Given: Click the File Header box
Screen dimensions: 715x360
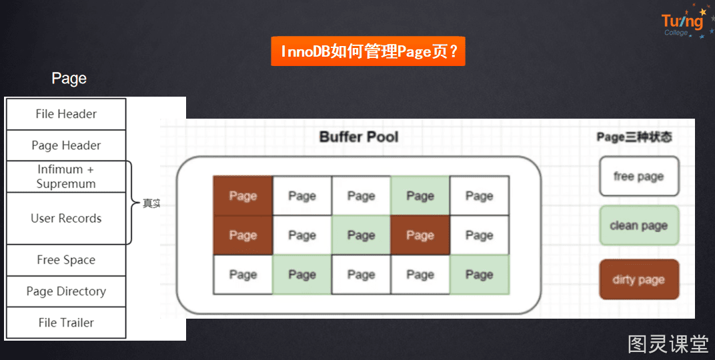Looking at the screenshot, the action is point(66,114).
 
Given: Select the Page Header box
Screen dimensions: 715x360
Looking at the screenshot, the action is point(66,145).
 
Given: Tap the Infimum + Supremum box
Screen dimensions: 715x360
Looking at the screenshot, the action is point(66,177).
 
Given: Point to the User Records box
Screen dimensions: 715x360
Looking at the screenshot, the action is point(66,218).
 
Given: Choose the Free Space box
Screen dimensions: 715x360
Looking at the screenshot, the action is point(66,260).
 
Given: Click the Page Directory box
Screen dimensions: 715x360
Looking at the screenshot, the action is point(66,291).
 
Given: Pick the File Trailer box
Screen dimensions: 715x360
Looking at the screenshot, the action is point(66,323).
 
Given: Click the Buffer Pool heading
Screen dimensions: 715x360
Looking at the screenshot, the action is point(359,137).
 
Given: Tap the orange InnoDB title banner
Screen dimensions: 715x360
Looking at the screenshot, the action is point(368,51).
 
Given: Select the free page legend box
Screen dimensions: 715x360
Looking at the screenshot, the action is point(639,177).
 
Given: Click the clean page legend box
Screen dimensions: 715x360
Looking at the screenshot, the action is point(639,225).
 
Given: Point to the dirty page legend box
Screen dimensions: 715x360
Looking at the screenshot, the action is point(639,279).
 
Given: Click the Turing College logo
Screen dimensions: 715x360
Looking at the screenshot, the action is point(686,22).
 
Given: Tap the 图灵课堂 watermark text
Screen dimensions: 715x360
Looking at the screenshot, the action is point(668,344).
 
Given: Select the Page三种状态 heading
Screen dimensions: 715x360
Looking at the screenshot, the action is point(634,137).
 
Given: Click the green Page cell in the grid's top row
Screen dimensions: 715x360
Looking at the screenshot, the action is point(420,196).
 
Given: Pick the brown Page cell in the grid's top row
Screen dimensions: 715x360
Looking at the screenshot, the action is point(243,196).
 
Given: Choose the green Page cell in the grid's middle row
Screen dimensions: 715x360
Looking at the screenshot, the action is point(361,235).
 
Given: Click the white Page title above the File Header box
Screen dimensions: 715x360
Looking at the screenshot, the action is point(69,79).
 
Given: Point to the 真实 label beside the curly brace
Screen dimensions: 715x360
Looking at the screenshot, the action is point(151,204).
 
